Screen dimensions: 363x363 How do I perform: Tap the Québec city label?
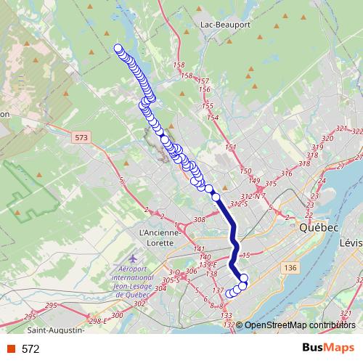pyautogui.click(x=319, y=227)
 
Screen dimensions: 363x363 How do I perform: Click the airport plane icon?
pyautogui.click(x=132, y=259)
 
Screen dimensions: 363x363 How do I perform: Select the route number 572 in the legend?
pyautogui.click(x=30, y=349)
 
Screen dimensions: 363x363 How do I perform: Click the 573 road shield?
pyautogui.click(x=81, y=136)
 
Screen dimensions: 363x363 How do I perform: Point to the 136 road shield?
pyautogui.click(x=291, y=269)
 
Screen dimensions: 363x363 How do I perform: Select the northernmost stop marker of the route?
pyautogui.click(x=118, y=49)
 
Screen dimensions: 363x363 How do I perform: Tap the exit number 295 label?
pyautogui.click(x=30, y=317)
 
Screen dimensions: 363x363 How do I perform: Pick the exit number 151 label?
pyautogui.click(x=231, y=148)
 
